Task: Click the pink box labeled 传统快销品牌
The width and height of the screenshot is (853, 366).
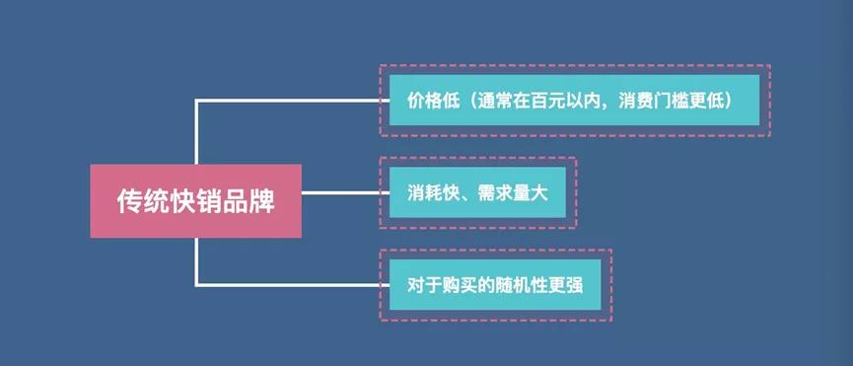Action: [195, 201]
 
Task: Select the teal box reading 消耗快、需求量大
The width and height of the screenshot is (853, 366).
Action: [476, 193]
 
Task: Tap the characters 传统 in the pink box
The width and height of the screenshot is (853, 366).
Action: [143, 201]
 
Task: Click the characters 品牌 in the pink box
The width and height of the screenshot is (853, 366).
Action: [248, 201]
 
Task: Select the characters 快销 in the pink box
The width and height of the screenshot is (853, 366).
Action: [195, 201]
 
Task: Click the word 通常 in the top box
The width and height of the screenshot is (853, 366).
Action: [493, 102]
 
